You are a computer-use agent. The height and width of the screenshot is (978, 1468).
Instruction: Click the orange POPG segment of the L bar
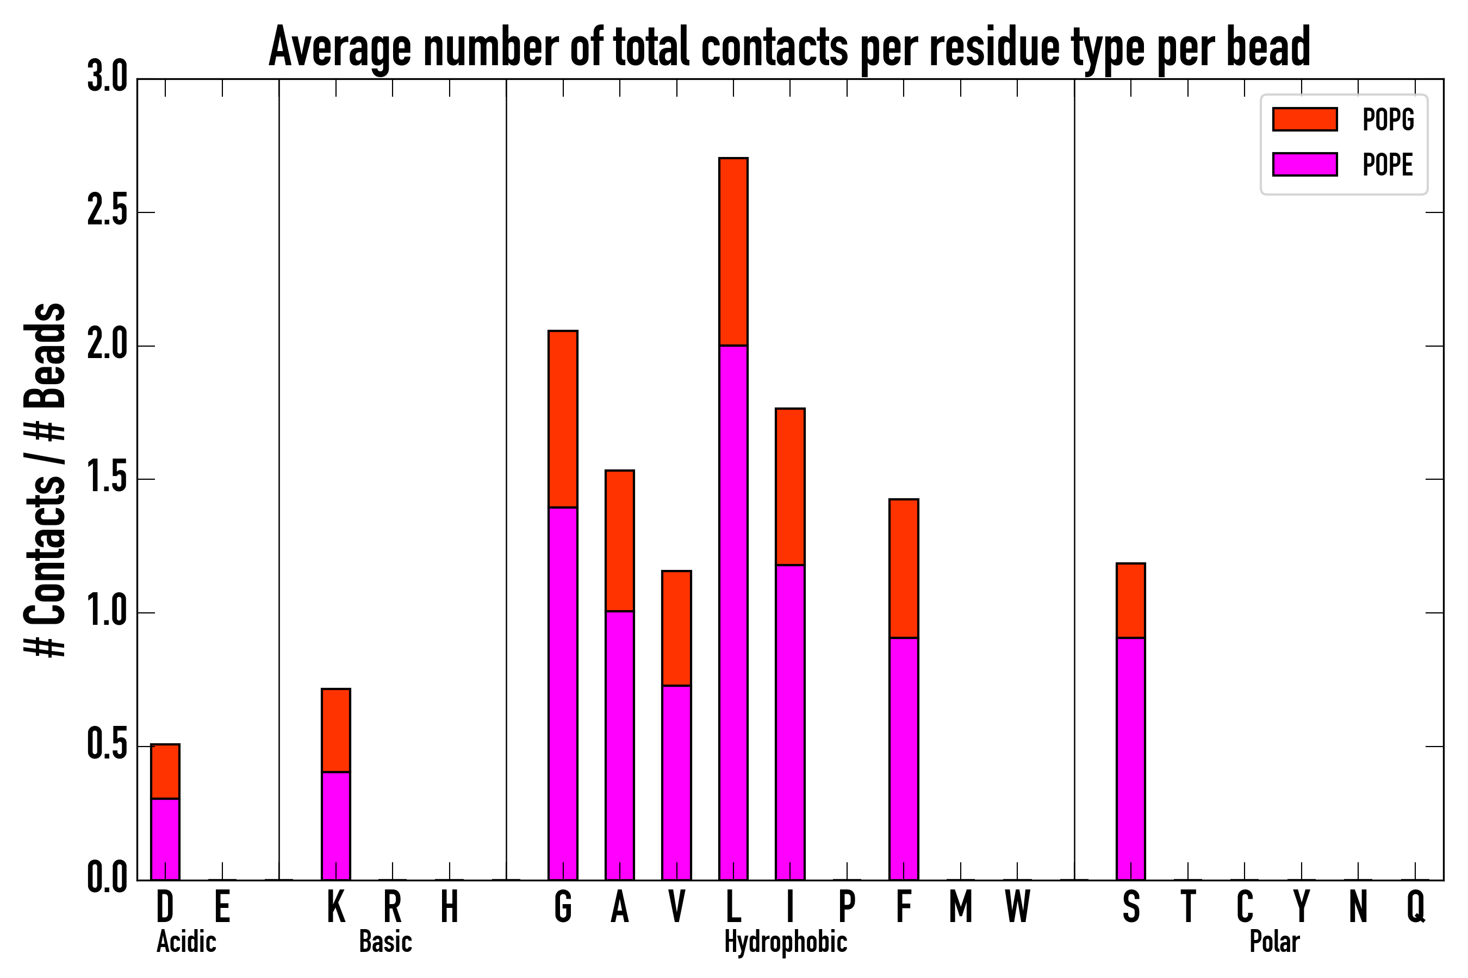pos(733,252)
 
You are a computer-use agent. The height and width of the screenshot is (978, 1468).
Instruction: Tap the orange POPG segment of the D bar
pos(165,771)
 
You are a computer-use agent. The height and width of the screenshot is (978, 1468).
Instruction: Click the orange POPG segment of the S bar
pos(1131,600)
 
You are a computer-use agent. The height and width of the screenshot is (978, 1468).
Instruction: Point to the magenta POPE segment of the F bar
pos(904,758)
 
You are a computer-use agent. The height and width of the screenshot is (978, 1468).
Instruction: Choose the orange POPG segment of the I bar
pos(790,486)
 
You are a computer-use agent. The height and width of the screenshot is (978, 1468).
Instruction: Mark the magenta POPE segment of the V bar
pos(676,783)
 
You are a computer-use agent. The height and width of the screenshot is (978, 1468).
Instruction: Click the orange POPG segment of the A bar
pos(620,541)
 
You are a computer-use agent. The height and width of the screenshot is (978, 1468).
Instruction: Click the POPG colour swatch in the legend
pos(1305,119)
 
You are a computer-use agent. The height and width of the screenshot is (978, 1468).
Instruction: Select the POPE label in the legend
pos(1388,165)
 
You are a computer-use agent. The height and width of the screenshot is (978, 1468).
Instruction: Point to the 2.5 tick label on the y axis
pos(107,212)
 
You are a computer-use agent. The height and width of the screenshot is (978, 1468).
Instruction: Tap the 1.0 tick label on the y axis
pos(107,612)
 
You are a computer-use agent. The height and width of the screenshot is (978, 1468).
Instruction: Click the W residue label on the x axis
pos(1017,907)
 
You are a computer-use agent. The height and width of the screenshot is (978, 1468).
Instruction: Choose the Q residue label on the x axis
pos(1416,907)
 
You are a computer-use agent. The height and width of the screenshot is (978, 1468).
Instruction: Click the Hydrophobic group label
pos(786,942)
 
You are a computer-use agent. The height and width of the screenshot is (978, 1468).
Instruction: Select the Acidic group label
pos(186,942)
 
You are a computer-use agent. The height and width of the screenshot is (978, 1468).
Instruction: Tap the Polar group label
pos(1274,942)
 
